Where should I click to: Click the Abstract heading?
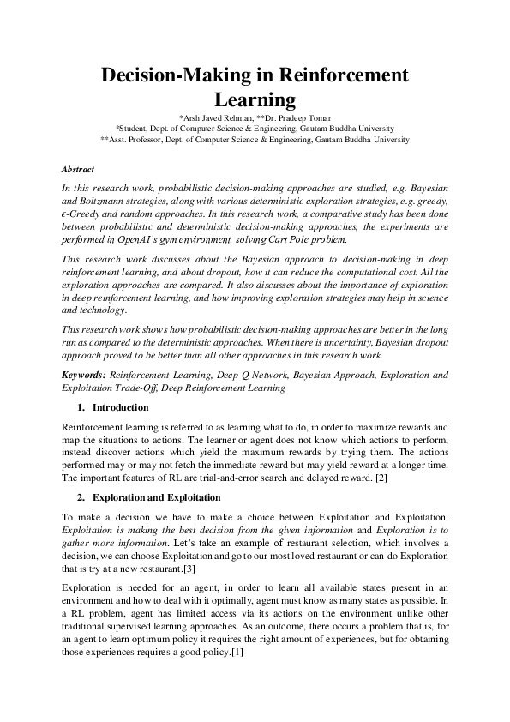(78, 170)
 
